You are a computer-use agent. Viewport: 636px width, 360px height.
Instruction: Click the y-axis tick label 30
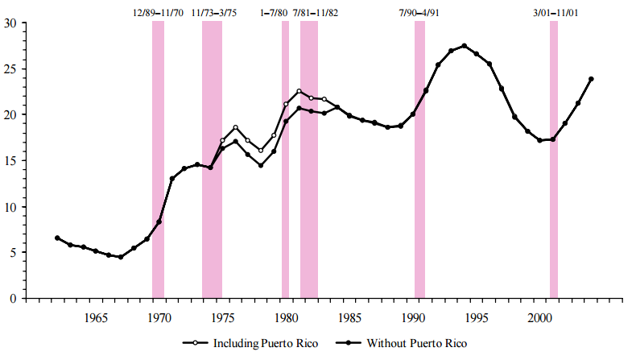click(x=10, y=23)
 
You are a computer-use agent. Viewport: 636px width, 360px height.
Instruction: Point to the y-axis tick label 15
click(x=10, y=161)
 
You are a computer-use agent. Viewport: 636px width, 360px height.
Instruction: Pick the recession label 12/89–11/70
click(x=159, y=13)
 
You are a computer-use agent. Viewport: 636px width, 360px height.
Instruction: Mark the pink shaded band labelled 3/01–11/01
click(x=554, y=161)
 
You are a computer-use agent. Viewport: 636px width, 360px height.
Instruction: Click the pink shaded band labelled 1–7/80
click(x=285, y=201)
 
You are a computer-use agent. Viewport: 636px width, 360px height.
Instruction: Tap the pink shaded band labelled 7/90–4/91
click(x=419, y=201)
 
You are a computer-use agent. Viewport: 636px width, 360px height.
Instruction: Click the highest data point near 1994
click(x=464, y=46)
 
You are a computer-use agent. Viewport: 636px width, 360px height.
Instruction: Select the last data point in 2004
click(x=591, y=79)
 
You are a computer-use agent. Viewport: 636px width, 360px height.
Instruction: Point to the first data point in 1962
click(x=57, y=238)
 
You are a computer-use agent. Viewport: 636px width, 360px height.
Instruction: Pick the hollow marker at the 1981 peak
click(x=299, y=91)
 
